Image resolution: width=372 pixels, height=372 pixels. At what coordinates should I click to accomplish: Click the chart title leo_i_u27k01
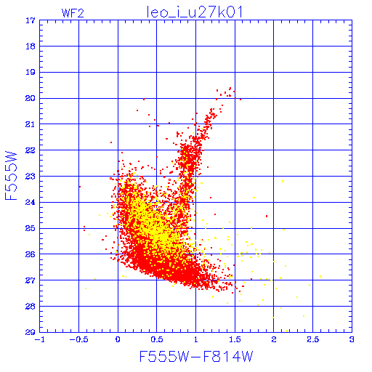[195, 12]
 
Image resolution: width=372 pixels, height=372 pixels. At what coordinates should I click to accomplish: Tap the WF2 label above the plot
[73, 13]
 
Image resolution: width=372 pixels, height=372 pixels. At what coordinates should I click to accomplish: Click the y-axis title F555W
[11, 176]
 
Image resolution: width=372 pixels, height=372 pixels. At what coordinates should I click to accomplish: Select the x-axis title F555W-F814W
[196, 357]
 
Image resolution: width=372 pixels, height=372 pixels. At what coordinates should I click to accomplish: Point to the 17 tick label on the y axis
[31, 20]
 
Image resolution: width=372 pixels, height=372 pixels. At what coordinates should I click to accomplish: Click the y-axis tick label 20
[31, 98]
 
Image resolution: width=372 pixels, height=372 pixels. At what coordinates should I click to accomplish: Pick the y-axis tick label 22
[31, 150]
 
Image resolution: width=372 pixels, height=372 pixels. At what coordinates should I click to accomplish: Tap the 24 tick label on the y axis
[31, 202]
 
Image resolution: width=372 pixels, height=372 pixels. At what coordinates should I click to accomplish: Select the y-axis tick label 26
[31, 254]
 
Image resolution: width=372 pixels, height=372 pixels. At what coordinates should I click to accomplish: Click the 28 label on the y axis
[31, 307]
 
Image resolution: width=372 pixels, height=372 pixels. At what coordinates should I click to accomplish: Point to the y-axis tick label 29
[31, 332]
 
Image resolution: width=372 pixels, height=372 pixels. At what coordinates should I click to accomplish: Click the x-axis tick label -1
[39, 339]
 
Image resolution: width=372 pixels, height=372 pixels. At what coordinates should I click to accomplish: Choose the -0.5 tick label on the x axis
[78, 339]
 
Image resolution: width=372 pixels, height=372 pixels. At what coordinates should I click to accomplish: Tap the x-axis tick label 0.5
[157, 339]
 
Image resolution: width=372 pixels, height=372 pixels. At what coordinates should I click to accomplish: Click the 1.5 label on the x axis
[235, 339]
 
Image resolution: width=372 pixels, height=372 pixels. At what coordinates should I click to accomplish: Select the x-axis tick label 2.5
[312, 339]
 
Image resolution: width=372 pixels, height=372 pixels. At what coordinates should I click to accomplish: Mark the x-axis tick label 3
[352, 339]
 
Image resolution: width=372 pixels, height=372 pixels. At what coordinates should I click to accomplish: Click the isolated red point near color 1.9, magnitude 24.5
[267, 216]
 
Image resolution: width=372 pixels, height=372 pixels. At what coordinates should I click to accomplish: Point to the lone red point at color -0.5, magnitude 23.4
[80, 187]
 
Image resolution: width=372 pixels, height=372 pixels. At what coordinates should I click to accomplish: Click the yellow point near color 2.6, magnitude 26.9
[321, 276]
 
